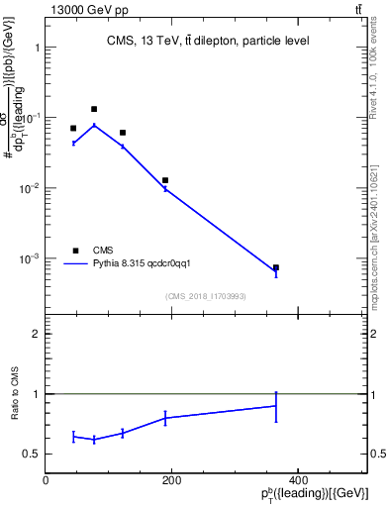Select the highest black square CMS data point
94,109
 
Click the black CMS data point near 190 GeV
165,180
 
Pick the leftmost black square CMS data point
73,128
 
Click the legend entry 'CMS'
103,251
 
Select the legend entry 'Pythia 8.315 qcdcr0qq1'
147,263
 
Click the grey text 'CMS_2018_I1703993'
207,296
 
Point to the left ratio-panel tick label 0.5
31,455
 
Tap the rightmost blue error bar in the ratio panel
276,406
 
